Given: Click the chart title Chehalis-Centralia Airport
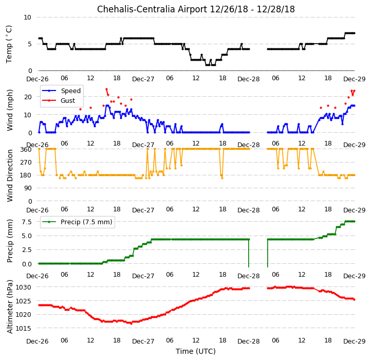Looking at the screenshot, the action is (x=152, y=9).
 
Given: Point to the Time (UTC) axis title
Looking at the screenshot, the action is (x=195, y=351).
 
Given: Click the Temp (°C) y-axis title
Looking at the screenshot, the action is (x=9, y=44).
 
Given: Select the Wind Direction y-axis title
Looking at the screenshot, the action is (x=10, y=175).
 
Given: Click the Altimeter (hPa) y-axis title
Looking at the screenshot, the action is (x=10, y=307).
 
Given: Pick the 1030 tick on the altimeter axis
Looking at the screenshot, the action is (x=24, y=287).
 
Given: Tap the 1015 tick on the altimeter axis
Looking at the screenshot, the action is (x=24, y=328).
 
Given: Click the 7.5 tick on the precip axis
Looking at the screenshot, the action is (x=27, y=222).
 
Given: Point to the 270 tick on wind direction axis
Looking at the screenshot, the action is (x=26, y=162).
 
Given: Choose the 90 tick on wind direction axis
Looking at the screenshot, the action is (x=28, y=188).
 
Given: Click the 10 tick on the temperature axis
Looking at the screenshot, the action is (x=27, y=17).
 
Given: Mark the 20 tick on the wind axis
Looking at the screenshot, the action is (x=28, y=97).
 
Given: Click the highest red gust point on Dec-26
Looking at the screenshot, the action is (x=106, y=89).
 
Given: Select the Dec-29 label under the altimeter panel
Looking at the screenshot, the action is (x=354, y=341).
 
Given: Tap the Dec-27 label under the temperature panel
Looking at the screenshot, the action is (x=143, y=79).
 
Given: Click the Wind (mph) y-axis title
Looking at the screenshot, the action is (x=10, y=110).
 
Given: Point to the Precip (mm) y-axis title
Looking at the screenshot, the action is (x=10, y=241).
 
